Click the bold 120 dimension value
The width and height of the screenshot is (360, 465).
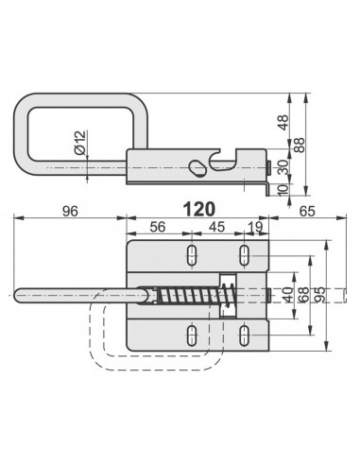pos(199,210)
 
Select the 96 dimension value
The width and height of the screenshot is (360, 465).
pos(70,211)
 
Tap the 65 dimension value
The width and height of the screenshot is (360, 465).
pos(307,211)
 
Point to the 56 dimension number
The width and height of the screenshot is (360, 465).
pos(158,227)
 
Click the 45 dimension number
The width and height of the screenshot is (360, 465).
pos(217,227)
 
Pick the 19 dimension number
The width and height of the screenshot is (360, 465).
pos(255,227)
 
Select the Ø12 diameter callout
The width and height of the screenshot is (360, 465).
pos(80,142)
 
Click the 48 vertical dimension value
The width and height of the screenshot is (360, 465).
pos(283,123)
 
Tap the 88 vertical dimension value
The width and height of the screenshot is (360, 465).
pos(300,145)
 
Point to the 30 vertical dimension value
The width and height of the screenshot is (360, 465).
pos(283,167)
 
